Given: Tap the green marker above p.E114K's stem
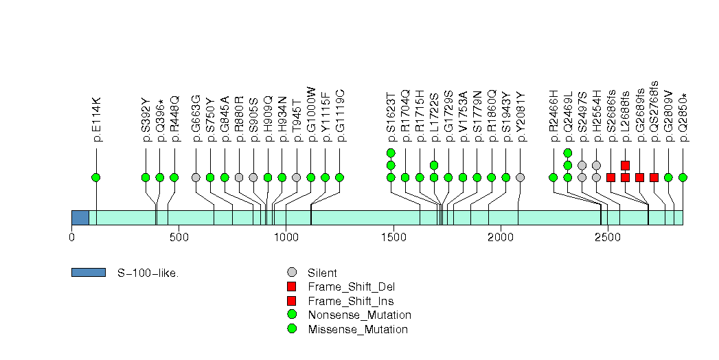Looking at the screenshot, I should (x=96, y=177).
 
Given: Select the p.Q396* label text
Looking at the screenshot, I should (x=160, y=119).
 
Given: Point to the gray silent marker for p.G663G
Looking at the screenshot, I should (x=196, y=177).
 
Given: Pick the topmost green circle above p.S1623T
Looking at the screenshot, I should (x=391, y=153).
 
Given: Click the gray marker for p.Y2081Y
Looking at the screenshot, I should (x=520, y=177).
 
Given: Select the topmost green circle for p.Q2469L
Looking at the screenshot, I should (x=568, y=153).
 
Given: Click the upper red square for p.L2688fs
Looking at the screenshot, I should (x=625, y=165).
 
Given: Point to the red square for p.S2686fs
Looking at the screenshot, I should (x=610, y=177).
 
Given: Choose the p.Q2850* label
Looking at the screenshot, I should (x=683, y=117).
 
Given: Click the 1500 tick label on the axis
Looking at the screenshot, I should (x=393, y=237).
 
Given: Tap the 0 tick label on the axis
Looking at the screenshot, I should (x=71, y=237).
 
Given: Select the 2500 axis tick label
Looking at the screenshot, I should (x=607, y=237).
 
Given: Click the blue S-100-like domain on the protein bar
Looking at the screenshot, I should (x=80, y=218).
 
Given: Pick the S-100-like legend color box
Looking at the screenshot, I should (x=88, y=273).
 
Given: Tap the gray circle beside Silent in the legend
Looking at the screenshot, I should (x=293, y=273).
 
